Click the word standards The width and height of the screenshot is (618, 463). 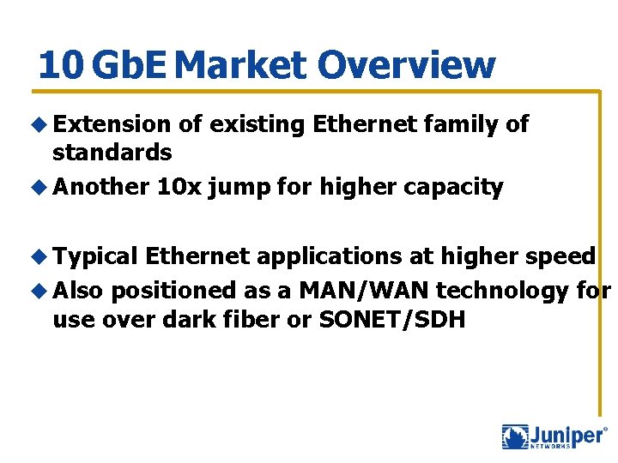(x=112, y=153)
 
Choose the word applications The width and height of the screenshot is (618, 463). (x=327, y=256)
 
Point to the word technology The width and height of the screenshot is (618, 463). (x=503, y=290)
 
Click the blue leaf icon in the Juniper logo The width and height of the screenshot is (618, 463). (x=515, y=437)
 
